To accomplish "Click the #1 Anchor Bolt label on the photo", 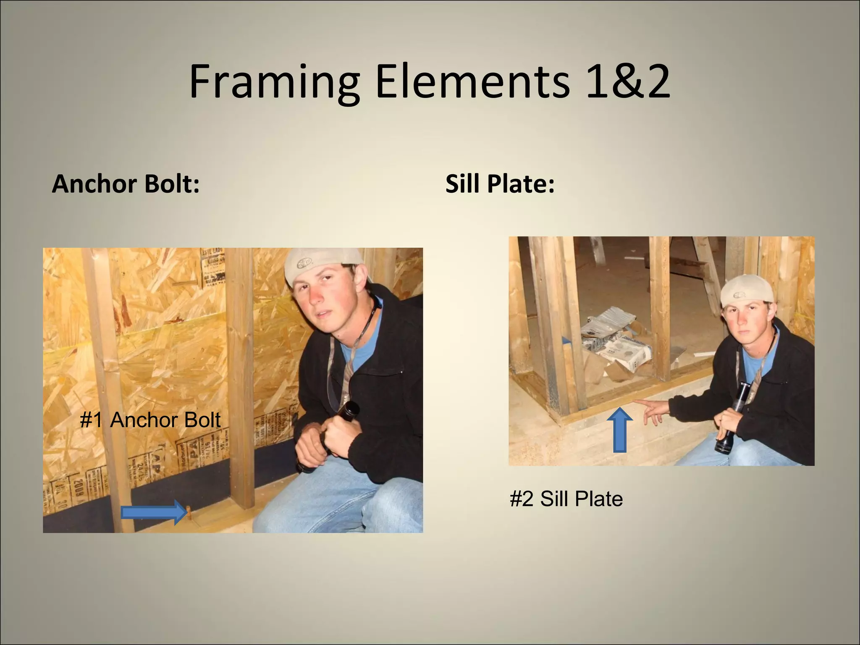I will (x=150, y=420).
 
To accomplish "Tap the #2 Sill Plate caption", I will (x=566, y=499).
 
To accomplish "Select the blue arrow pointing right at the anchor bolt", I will (x=154, y=512).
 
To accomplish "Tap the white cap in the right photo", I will (x=746, y=290).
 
